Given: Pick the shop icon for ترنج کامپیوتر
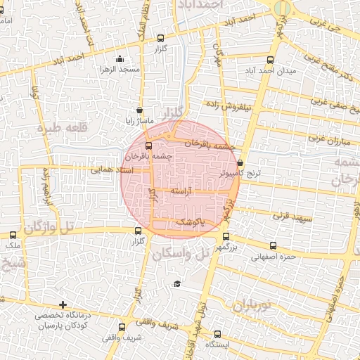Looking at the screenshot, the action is coord(240,162).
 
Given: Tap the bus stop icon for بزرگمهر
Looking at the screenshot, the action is coord(226,237).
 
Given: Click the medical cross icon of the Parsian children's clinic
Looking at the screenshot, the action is coord(63,305).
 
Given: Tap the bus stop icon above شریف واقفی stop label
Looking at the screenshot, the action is coord(122,327).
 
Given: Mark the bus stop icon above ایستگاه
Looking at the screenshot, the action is coord(217,334).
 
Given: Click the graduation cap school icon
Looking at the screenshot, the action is coord(177,283).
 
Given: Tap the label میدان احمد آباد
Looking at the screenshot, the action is coord(271,70).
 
